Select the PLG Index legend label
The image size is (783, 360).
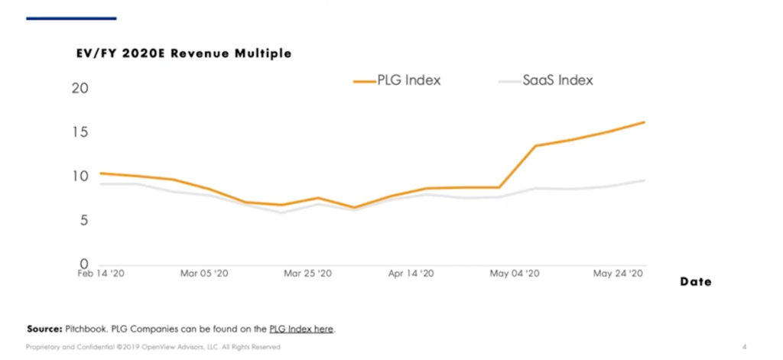(x=409, y=80)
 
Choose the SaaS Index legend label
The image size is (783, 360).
(x=557, y=80)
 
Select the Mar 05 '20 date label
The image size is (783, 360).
(x=204, y=273)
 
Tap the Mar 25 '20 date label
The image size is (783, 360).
(x=307, y=273)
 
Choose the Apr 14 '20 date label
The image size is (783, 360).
(x=411, y=273)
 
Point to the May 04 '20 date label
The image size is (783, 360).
(x=514, y=273)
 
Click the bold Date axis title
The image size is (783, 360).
(x=696, y=282)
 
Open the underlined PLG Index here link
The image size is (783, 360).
(x=301, y=329)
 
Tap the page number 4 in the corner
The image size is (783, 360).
(x=744, y=347)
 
